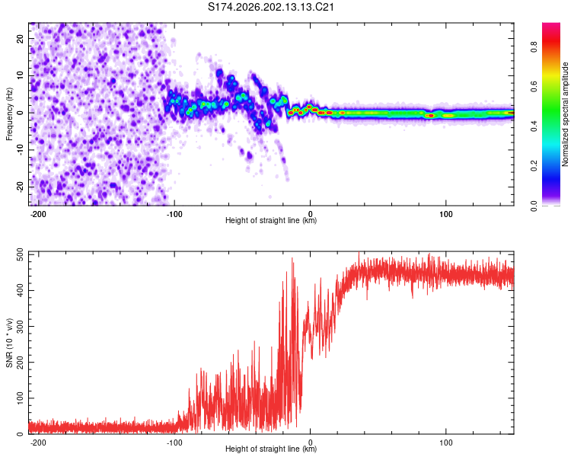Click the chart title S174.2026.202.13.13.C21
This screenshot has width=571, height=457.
click(270, 8)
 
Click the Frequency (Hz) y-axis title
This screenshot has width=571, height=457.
click(9, 114)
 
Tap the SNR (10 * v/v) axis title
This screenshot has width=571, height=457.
click(9, 343)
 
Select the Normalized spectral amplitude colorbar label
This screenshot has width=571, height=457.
click(565, 114)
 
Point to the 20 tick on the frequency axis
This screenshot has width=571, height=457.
click(21, 38)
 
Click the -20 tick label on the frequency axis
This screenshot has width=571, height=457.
click(21, 187)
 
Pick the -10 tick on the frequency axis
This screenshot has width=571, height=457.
click(21, 150)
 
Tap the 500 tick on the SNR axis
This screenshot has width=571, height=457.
click(21, 254)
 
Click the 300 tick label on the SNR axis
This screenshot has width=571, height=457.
click(21, 326)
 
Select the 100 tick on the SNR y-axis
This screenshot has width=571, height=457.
click(21, 398)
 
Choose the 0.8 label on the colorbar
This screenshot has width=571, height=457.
click(534, 46)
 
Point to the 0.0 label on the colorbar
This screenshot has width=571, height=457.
click(534, 206)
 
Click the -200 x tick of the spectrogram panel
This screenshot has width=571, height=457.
click(38, 214)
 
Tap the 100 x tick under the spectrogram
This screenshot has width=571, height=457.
click(445, 214)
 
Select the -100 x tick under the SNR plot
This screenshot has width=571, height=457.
click(174, 443)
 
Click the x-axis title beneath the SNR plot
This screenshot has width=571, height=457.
click(271, 449)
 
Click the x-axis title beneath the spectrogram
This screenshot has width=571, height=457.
click(271, 220)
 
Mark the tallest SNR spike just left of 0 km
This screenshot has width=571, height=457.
click(292, 258)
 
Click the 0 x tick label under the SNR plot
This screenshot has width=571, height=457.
click(311, 443)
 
